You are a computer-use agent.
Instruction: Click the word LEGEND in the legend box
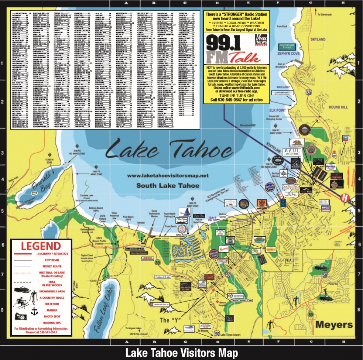(41, 246)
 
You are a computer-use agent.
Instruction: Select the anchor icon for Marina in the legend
(34, 311)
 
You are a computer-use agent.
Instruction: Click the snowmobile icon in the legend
(22, 290)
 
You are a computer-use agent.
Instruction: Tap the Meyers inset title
(334, 324)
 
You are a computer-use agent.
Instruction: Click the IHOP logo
(325, 208)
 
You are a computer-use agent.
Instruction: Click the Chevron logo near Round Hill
(346, 138)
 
